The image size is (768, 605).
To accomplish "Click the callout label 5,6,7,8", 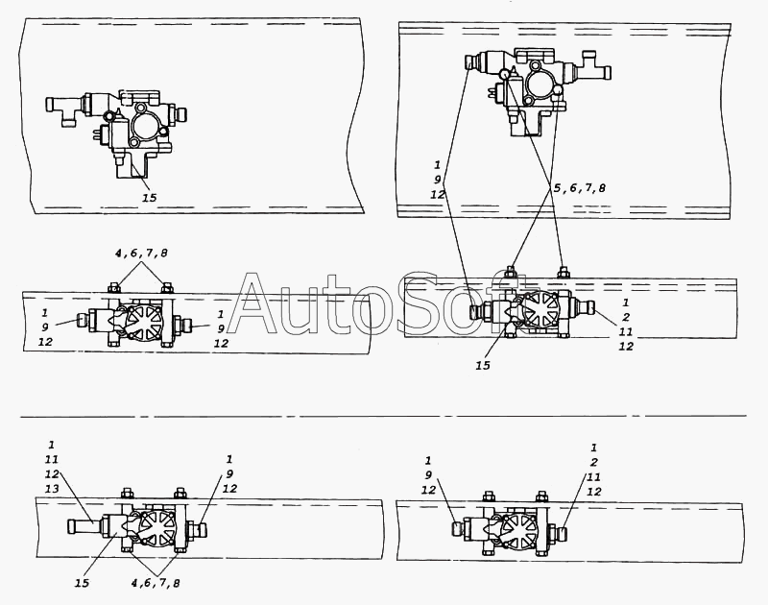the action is click(x=580, y=188).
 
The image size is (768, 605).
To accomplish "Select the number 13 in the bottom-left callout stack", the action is click(x=52, y=489).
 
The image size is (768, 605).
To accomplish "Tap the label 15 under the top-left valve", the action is click(x=150, y=198).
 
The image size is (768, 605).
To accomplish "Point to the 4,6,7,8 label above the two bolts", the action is click(x=141, y=254).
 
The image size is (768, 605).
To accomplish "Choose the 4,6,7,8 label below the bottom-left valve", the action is click(x=156, y=583).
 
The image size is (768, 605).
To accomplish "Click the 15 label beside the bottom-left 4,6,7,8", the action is click(x=82, y=583).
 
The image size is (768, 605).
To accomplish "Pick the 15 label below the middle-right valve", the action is click(x=483, y=366).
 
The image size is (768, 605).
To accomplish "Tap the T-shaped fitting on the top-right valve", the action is click(x=594, y=65).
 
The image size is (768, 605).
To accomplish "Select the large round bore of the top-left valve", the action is click(x=146, y=126).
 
